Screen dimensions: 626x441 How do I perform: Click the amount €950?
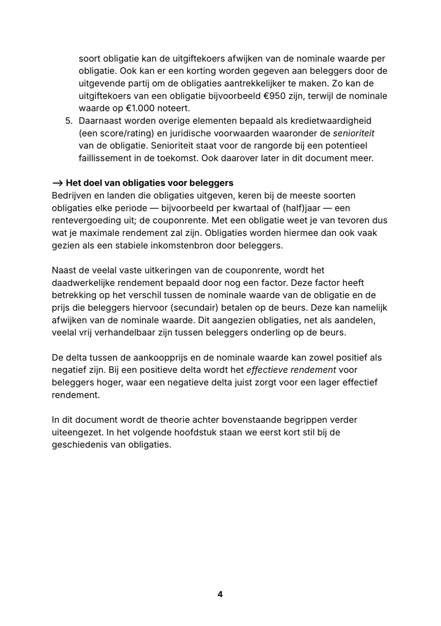(275, 96)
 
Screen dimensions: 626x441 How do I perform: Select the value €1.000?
(139, 108)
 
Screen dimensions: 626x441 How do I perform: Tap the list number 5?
(68, 121)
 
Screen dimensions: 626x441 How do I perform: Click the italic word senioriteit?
(353, 133)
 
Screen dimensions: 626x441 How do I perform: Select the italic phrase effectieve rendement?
(291, 370)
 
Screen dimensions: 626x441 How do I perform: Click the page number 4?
(220, 594)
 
